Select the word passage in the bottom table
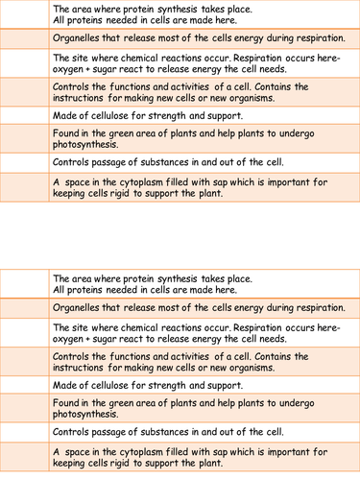point(108,432)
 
